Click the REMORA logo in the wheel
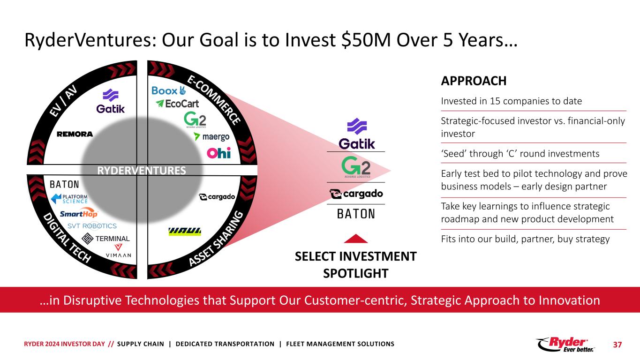pyautogui.click(x=75, y=134)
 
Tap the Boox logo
pyautogui.click(x=169, y=90)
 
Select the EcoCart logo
pyautogui.click(x=177, y=104)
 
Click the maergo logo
pyautogui.click(x=211, y=137)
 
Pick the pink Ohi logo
pyautogui.click(x=219, y=153)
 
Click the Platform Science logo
pyautogui.click(x=69, y=199)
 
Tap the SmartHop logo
pyautogui.click(x=79, y=213)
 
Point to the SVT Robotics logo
pyautogui.click(x=92, y=226)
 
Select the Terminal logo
pyautogui.click(x=105, y=239)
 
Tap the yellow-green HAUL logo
pyautogui.click(x=185, y=232)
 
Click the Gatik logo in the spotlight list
pyautogui.click(x=356, y=134)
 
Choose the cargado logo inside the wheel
pyautogui.click(x=217, y=197)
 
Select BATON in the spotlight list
pyautogui.click(x=356, y=214)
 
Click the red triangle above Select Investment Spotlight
pyautogui.click(x=356, y=239)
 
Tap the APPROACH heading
pyautogui.click(x=474, y=81)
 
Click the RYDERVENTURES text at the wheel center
pyautogui.click(x=142, y=171)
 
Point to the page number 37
pyautogui.click(x=617, y=345)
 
